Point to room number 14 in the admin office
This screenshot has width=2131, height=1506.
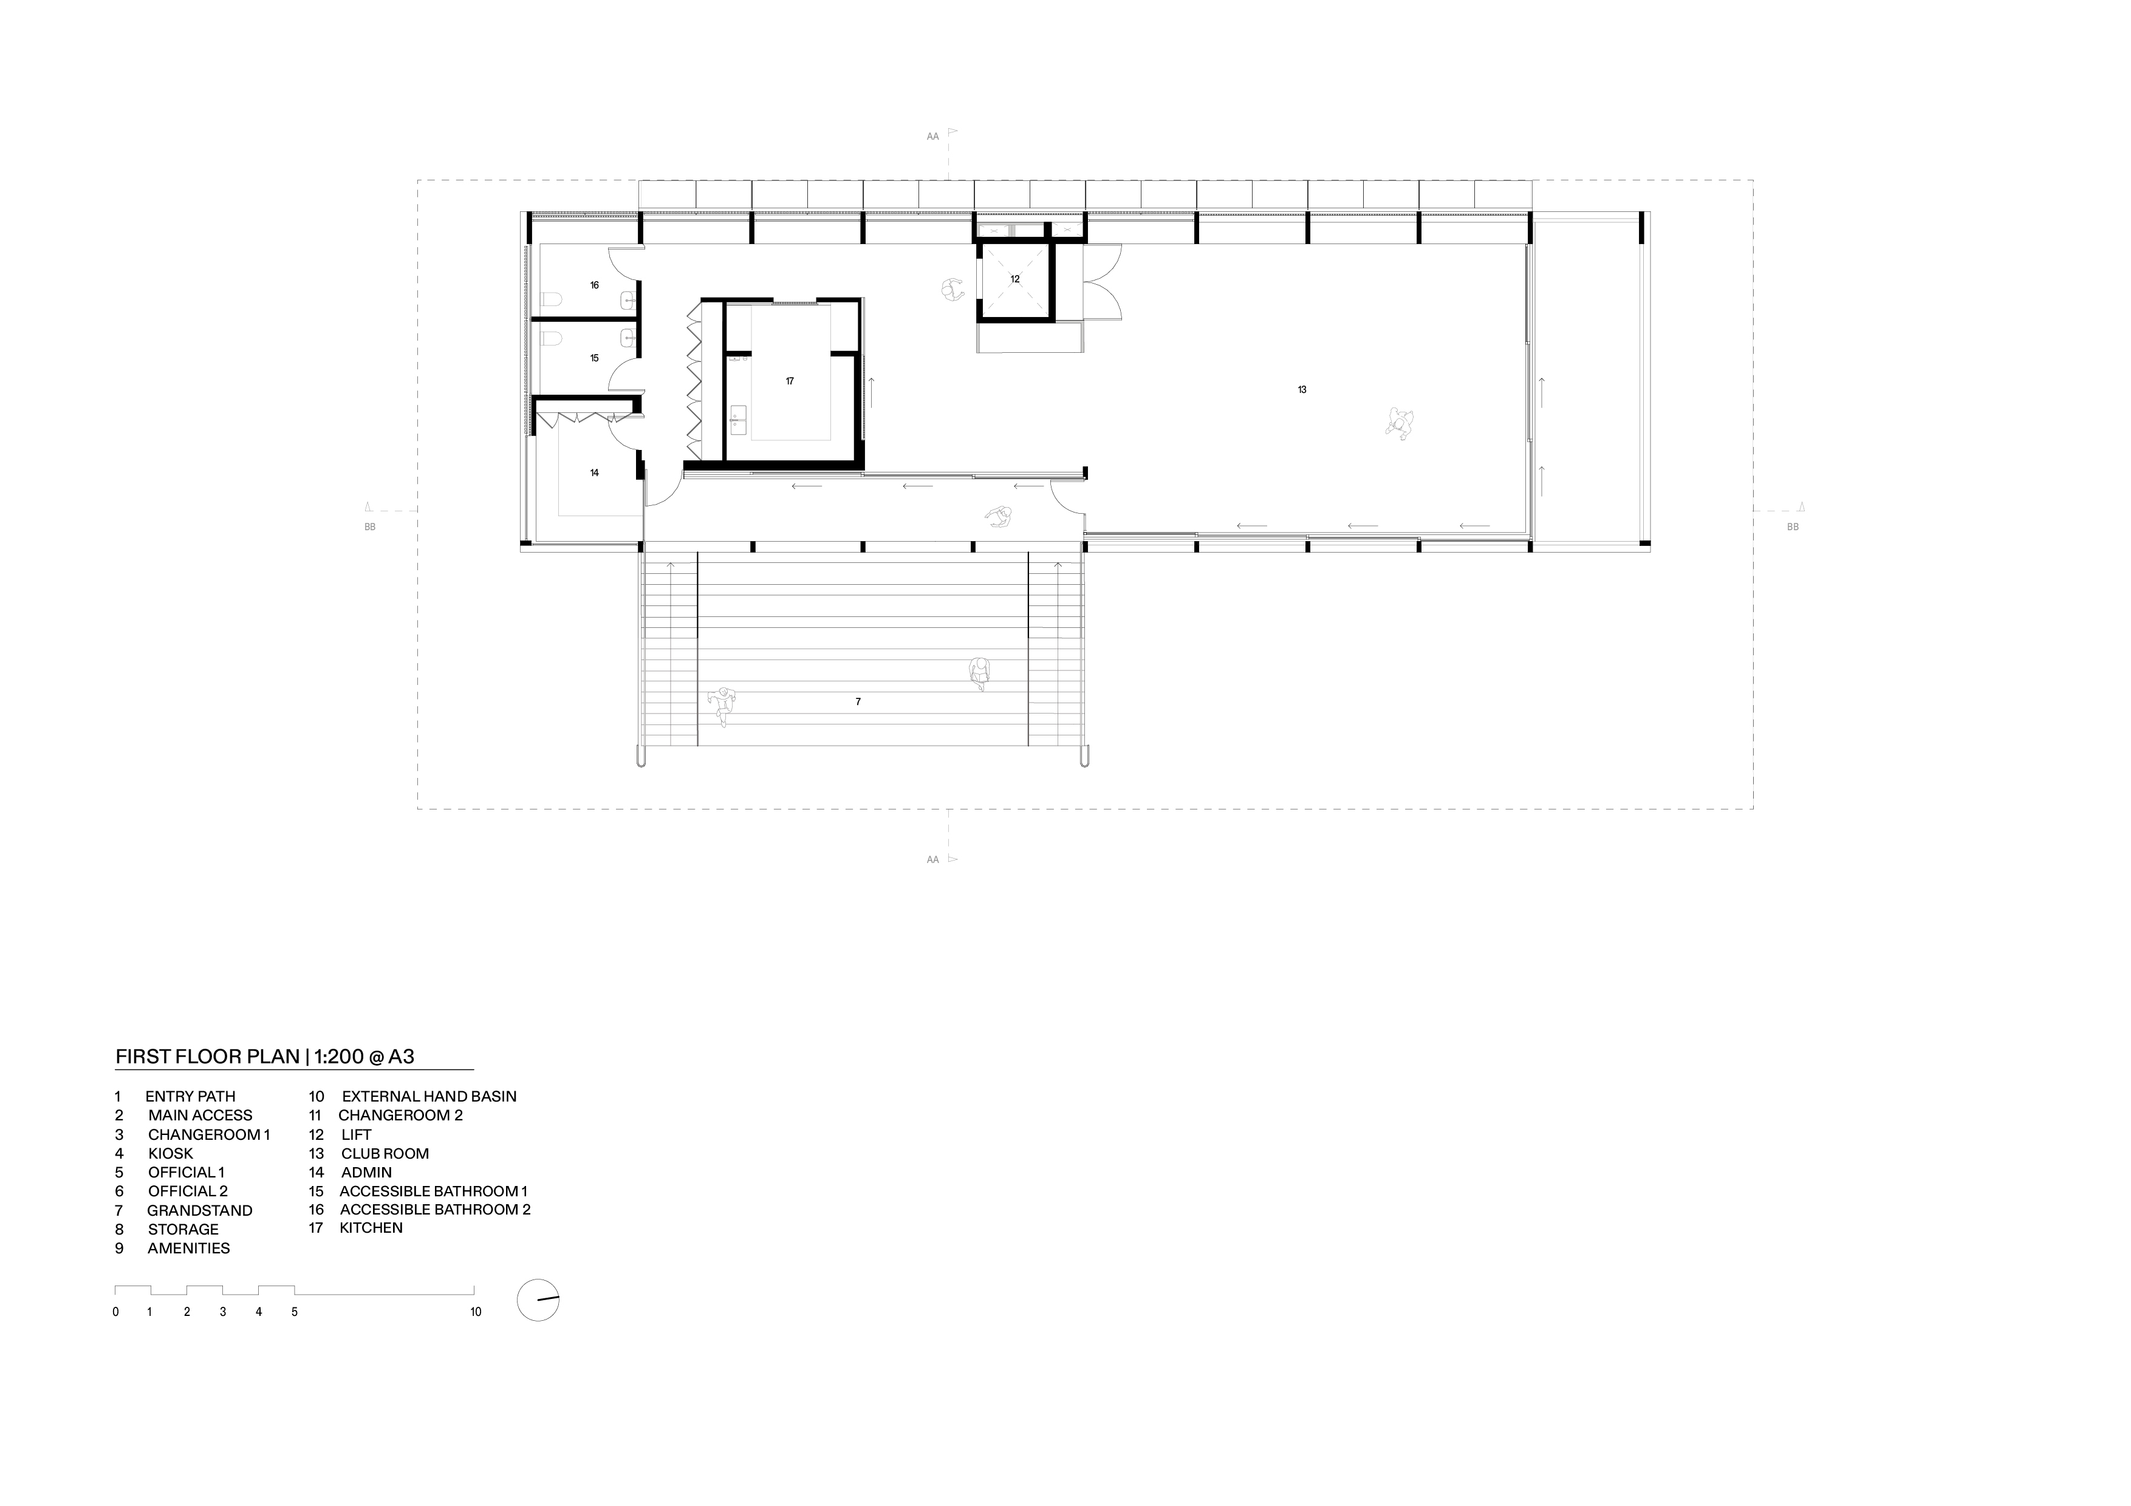[x=594, y=473]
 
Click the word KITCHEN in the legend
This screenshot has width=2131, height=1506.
[x=371, y=1228]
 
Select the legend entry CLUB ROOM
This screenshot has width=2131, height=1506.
[x=385, y=1153]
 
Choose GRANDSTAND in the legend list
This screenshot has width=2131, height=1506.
[x=199, y=1210]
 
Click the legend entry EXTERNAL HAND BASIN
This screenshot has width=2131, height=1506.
[x=429, y=1096]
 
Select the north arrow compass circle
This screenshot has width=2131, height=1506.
[x=538, y=1300]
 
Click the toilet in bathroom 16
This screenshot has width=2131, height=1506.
[x=552, y=300]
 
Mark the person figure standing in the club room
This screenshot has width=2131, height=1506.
[x=1400, y=423]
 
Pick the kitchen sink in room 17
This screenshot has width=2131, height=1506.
[x=738, y=420]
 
